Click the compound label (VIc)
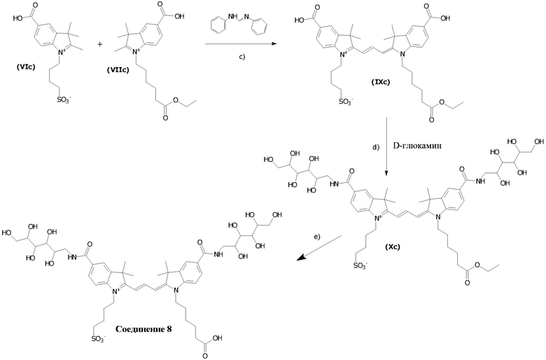click(26, 68)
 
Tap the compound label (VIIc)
click(118, 70)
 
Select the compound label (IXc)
click(380, 83)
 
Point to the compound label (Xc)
click(393, 247)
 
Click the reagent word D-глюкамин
click(417, 145)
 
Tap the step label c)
click(241, 57)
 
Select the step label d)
click(375, 147)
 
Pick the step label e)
click(316, 237)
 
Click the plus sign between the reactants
click(101, 45)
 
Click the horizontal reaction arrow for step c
click(241, 44)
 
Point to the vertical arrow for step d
click(387, 146)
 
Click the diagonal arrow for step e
click(318, 247)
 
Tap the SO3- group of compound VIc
click(63, 101)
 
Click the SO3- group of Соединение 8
click(99, 338)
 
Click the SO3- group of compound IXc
click(346, 102)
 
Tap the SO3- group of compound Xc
click(360, 266)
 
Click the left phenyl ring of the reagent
click(218, 26)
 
